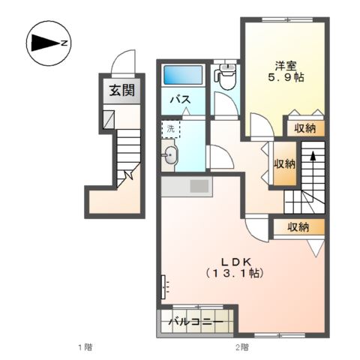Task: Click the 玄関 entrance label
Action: pos(122,91)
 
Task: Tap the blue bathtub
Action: pos(183,75)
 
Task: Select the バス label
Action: pos(180,100)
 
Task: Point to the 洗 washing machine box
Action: pos(171,129)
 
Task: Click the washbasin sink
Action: pos(170,155)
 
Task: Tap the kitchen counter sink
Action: pos(199,186)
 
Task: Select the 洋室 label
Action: pos(286,66)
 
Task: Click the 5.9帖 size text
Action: pos(286,78)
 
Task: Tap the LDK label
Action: pos(236,262)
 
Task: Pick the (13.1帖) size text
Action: pos(235,273)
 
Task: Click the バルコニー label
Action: pos(196,322)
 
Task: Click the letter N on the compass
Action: pos(64,43)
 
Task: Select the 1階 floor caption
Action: pos(85,347)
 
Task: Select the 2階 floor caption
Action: pos(242,347)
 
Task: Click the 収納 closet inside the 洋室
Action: pos(305,128)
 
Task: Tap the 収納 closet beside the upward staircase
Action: pos(285,163)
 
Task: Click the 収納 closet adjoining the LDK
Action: pos(299,227)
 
